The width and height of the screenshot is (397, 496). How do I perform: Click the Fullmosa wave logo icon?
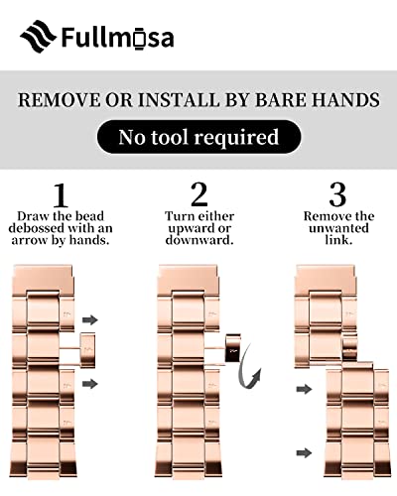point(38,37)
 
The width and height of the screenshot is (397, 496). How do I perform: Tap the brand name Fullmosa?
point(116,38)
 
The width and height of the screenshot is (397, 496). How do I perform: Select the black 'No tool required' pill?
point(198,137)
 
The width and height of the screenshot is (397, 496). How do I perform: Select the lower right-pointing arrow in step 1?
point(90,382)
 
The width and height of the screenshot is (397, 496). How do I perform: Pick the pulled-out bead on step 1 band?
point(86,346)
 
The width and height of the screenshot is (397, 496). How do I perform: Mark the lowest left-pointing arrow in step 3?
point(306,452)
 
